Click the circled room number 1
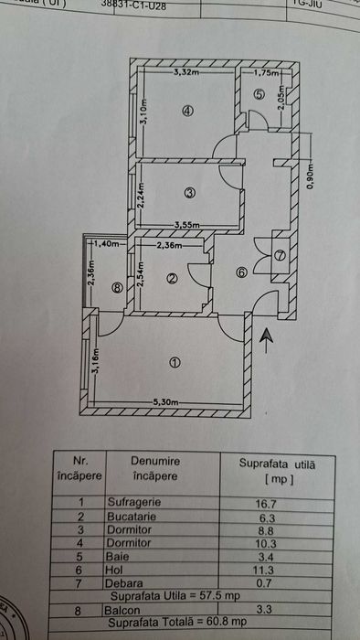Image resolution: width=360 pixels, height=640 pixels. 175,361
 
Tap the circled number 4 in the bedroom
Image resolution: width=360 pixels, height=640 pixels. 187,112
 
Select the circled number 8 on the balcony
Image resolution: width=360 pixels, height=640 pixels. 116,287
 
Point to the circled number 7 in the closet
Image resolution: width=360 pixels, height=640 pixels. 280,255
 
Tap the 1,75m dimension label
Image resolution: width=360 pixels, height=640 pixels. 267,72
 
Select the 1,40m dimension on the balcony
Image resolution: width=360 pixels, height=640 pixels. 107,245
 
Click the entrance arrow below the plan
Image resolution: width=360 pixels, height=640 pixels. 266,340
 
